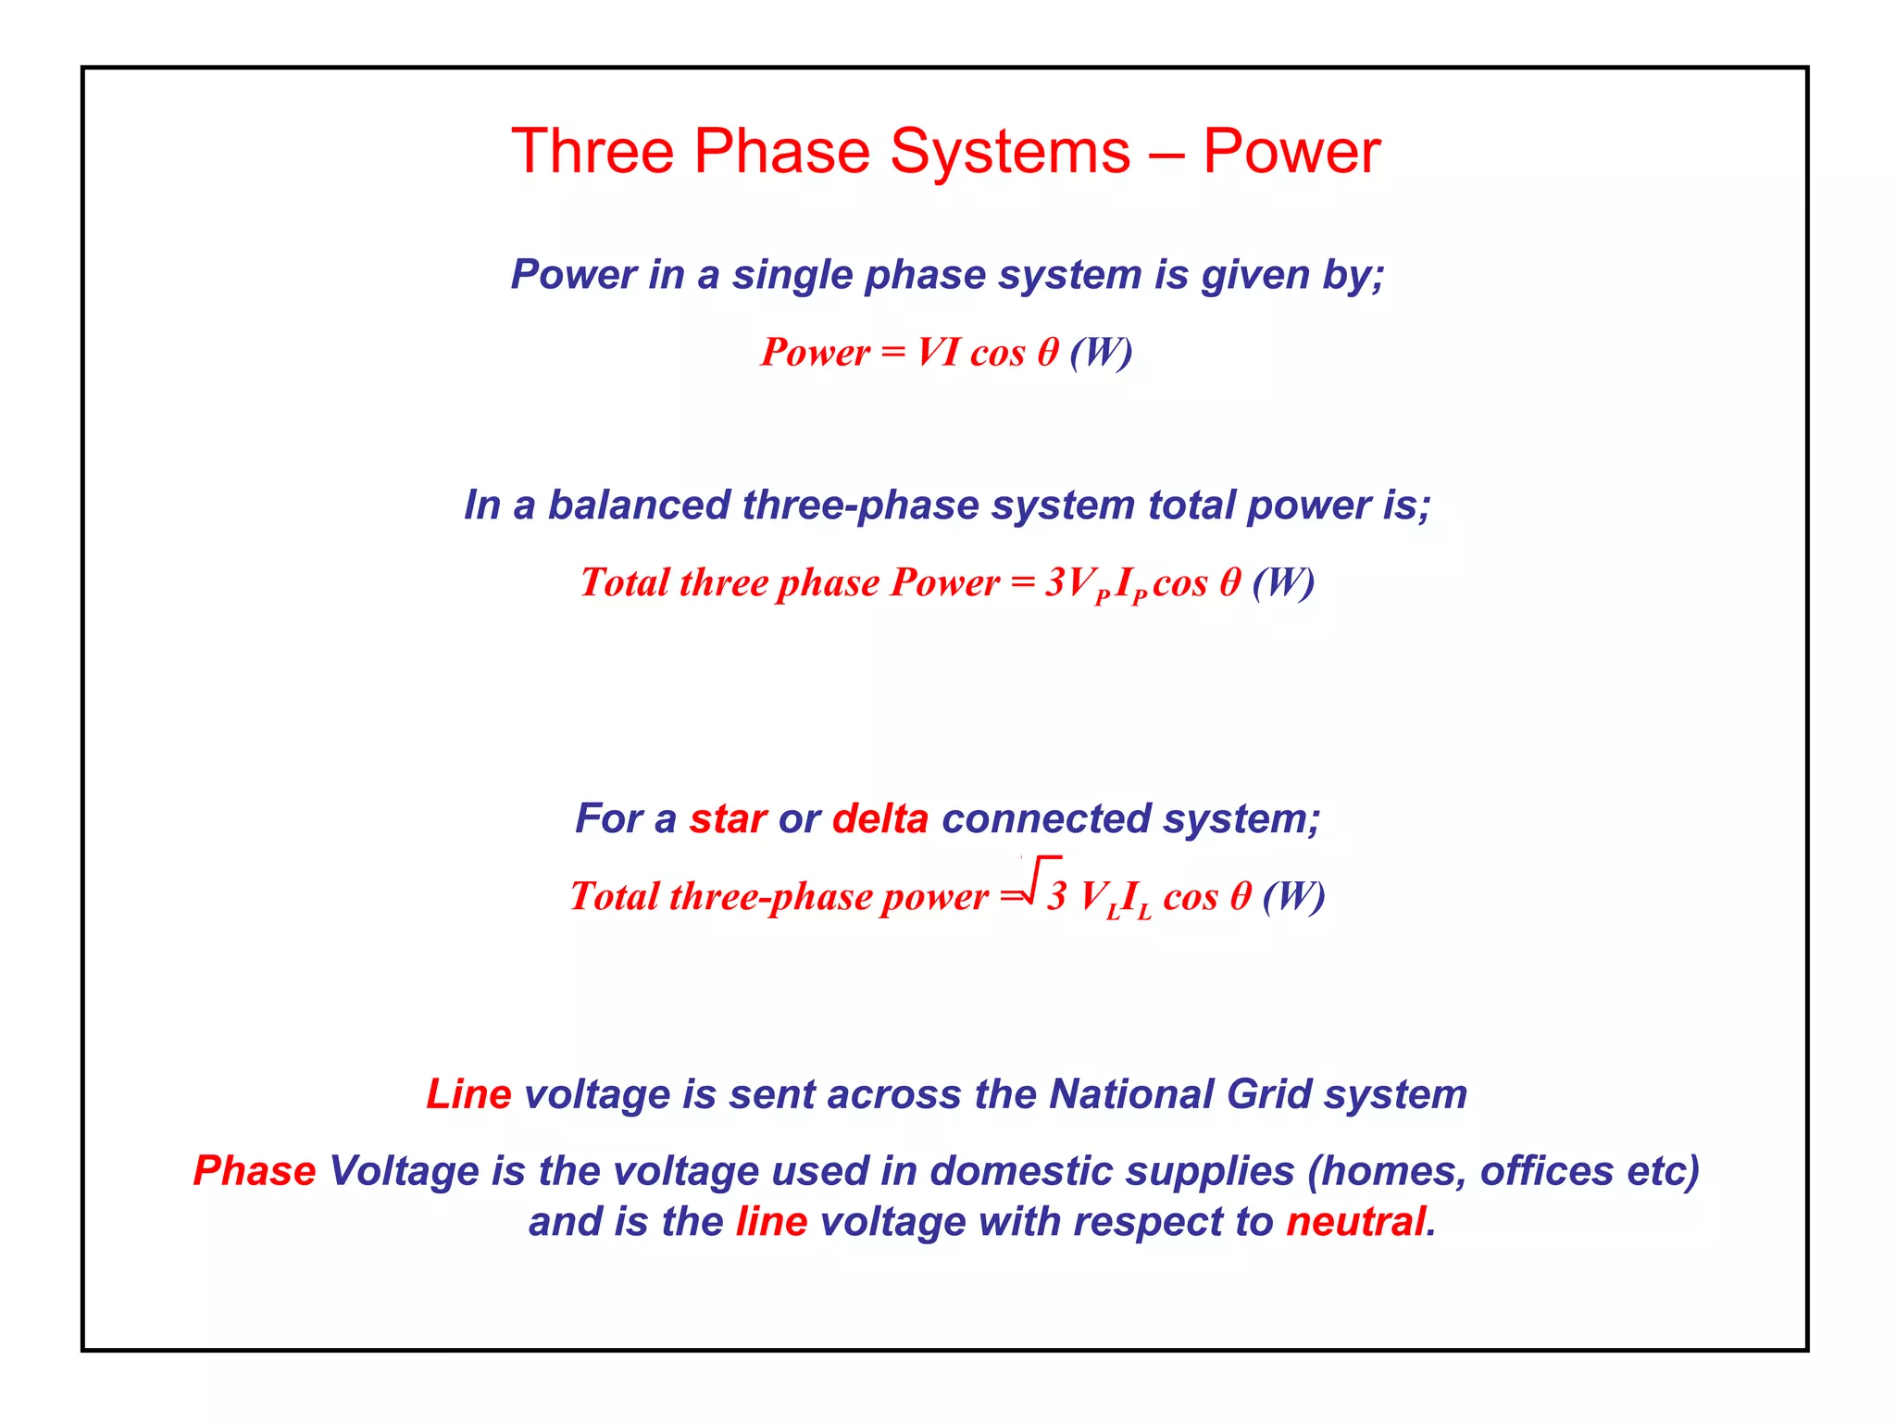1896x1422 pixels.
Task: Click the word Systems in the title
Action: click(x=1009, y=152)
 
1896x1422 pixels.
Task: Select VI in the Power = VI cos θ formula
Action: click(x=938, y=353)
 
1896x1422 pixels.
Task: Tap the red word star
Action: click(x=728, y=819)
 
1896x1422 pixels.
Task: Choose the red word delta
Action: click(x=879, y=819)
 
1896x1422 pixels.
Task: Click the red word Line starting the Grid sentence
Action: click(x=468, y=1094)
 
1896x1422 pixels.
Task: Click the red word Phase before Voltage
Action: click(x=255, y=1171)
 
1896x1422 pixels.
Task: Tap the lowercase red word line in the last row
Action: click(x=771, y=1222)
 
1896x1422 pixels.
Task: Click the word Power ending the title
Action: click(x=1291, y=152)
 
